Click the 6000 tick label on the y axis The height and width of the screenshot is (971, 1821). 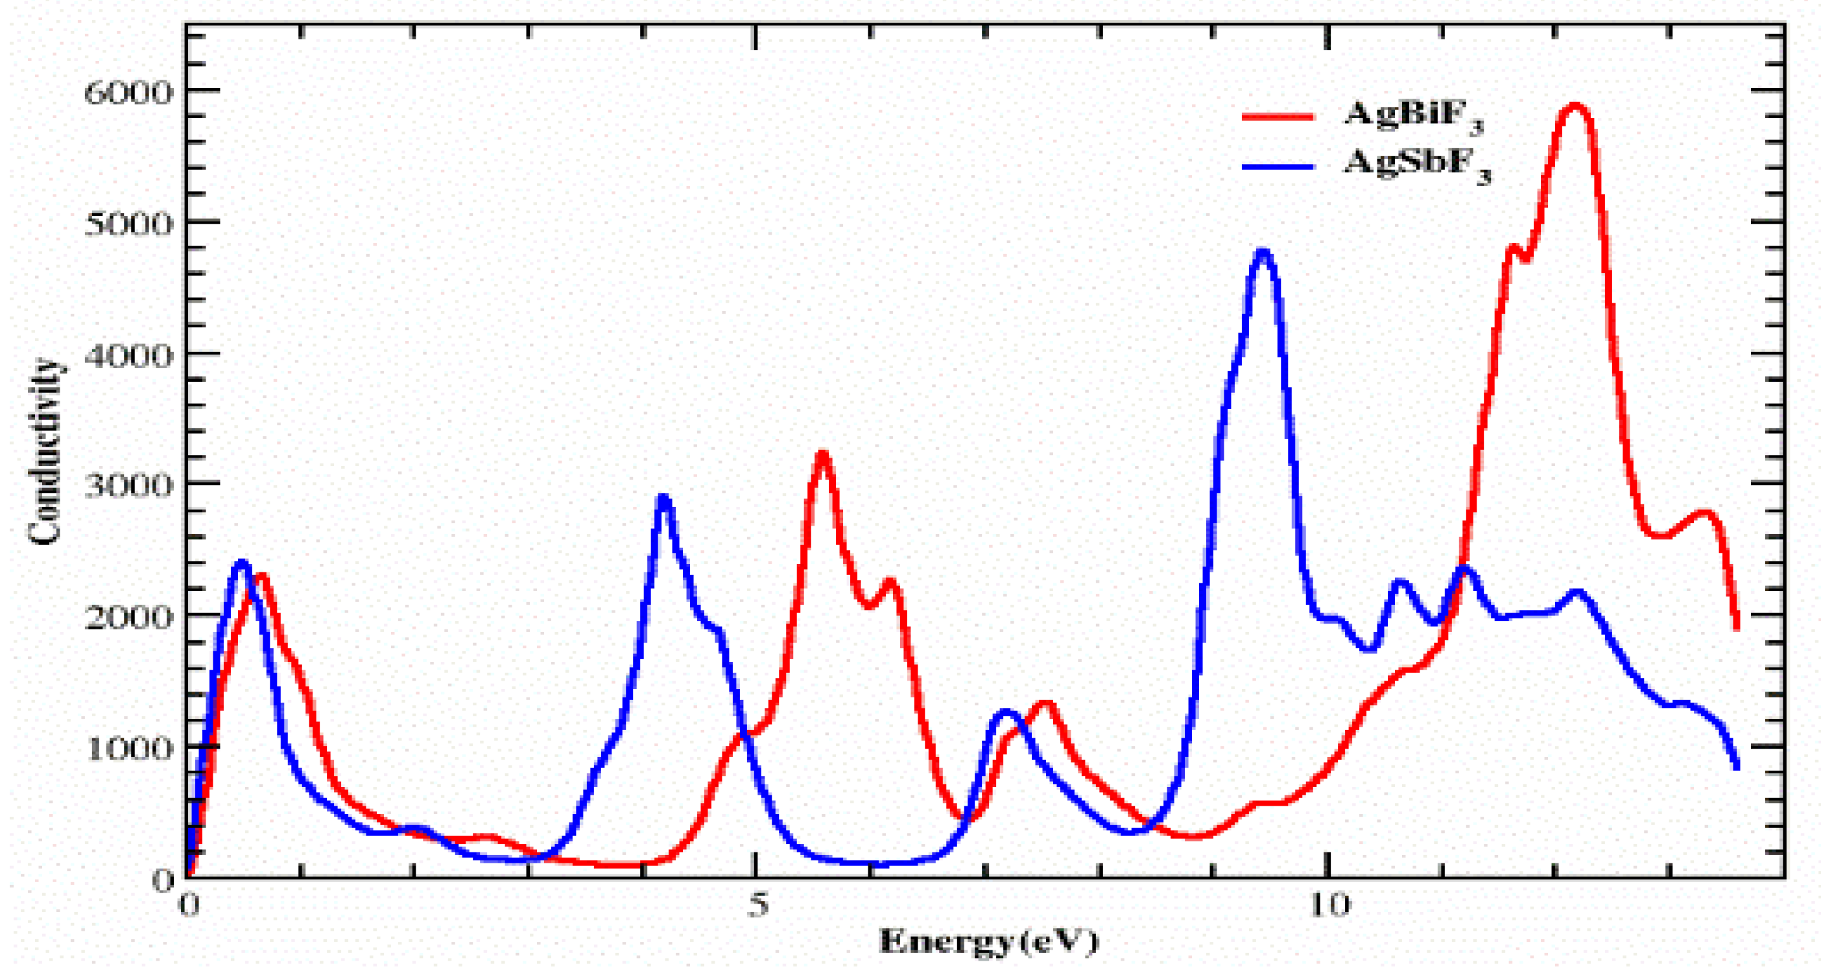click(127, 93)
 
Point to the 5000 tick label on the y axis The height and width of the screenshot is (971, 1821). click(127, 224)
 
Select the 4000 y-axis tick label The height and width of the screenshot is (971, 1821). click(127, 355)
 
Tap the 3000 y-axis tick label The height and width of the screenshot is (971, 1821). click(127, 485)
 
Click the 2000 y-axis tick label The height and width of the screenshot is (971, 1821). click(127, 617)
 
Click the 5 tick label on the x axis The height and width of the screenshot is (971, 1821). click(757, 905)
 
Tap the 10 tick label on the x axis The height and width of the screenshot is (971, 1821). click(1328, 905)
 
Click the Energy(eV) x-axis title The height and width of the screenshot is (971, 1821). click(988, 941)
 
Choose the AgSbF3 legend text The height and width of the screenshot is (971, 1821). click(1416, 165)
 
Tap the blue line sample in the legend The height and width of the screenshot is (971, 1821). click(1278, 167)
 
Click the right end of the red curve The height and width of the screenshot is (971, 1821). click(1736, 627)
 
